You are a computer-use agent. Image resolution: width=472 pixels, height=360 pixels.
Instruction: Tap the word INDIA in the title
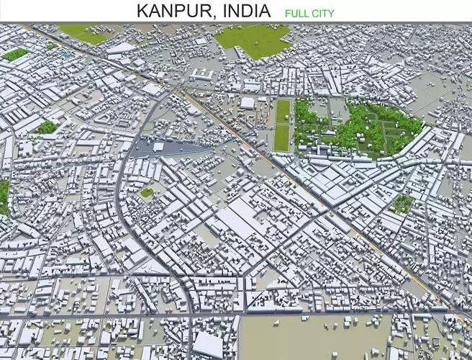pos(247,11)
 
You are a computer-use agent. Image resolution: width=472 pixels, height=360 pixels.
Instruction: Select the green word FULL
pos(296,13)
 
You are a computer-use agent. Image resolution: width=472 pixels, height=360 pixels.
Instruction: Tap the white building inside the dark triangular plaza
pos(158,147)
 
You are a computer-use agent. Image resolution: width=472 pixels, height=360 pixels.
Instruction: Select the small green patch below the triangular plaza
pos(147,192)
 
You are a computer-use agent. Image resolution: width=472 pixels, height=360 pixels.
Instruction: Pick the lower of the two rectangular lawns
pos(281,138)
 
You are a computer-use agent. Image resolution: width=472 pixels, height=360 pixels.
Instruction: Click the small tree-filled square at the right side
pos(403,204)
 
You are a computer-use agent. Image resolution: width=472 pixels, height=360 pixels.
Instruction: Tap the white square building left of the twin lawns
pos(248,103)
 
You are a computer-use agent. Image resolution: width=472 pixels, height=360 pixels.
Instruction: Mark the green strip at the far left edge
pos(4,196)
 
